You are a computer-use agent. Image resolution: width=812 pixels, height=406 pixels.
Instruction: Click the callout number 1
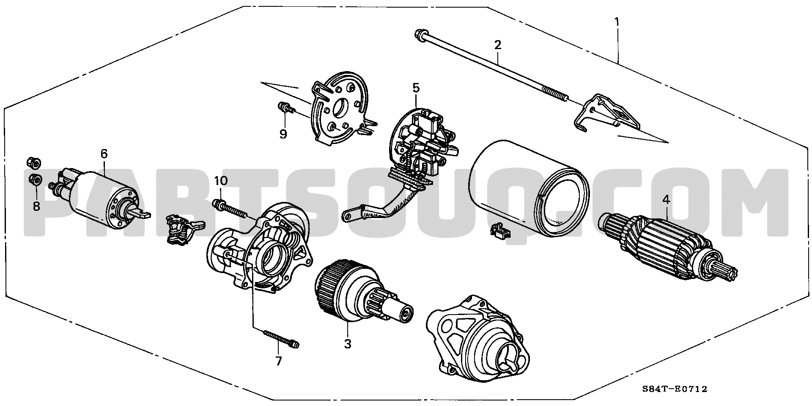click(x=617, y=21)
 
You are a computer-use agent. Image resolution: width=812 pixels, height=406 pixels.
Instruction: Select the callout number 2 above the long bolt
click(x=498, y=44)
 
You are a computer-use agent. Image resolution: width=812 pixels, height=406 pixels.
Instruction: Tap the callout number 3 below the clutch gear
click(x=347, y=344)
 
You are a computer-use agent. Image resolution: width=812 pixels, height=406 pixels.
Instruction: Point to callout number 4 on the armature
click(x=667, y=201)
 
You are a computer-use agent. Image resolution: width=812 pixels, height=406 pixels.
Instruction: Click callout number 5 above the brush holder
click(x=416, y=88)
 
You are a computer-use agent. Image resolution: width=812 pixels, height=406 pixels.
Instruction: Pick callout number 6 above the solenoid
click(x=104, y=154)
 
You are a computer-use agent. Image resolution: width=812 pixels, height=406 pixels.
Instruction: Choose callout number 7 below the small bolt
click(x=278, y=361)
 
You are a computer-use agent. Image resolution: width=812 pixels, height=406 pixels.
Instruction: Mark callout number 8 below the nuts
click(x=36, y=207)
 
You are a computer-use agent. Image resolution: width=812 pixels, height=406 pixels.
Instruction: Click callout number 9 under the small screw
click(x=283, y=134)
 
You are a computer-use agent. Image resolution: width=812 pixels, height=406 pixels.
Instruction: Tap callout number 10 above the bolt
click(x=220, y=181)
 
